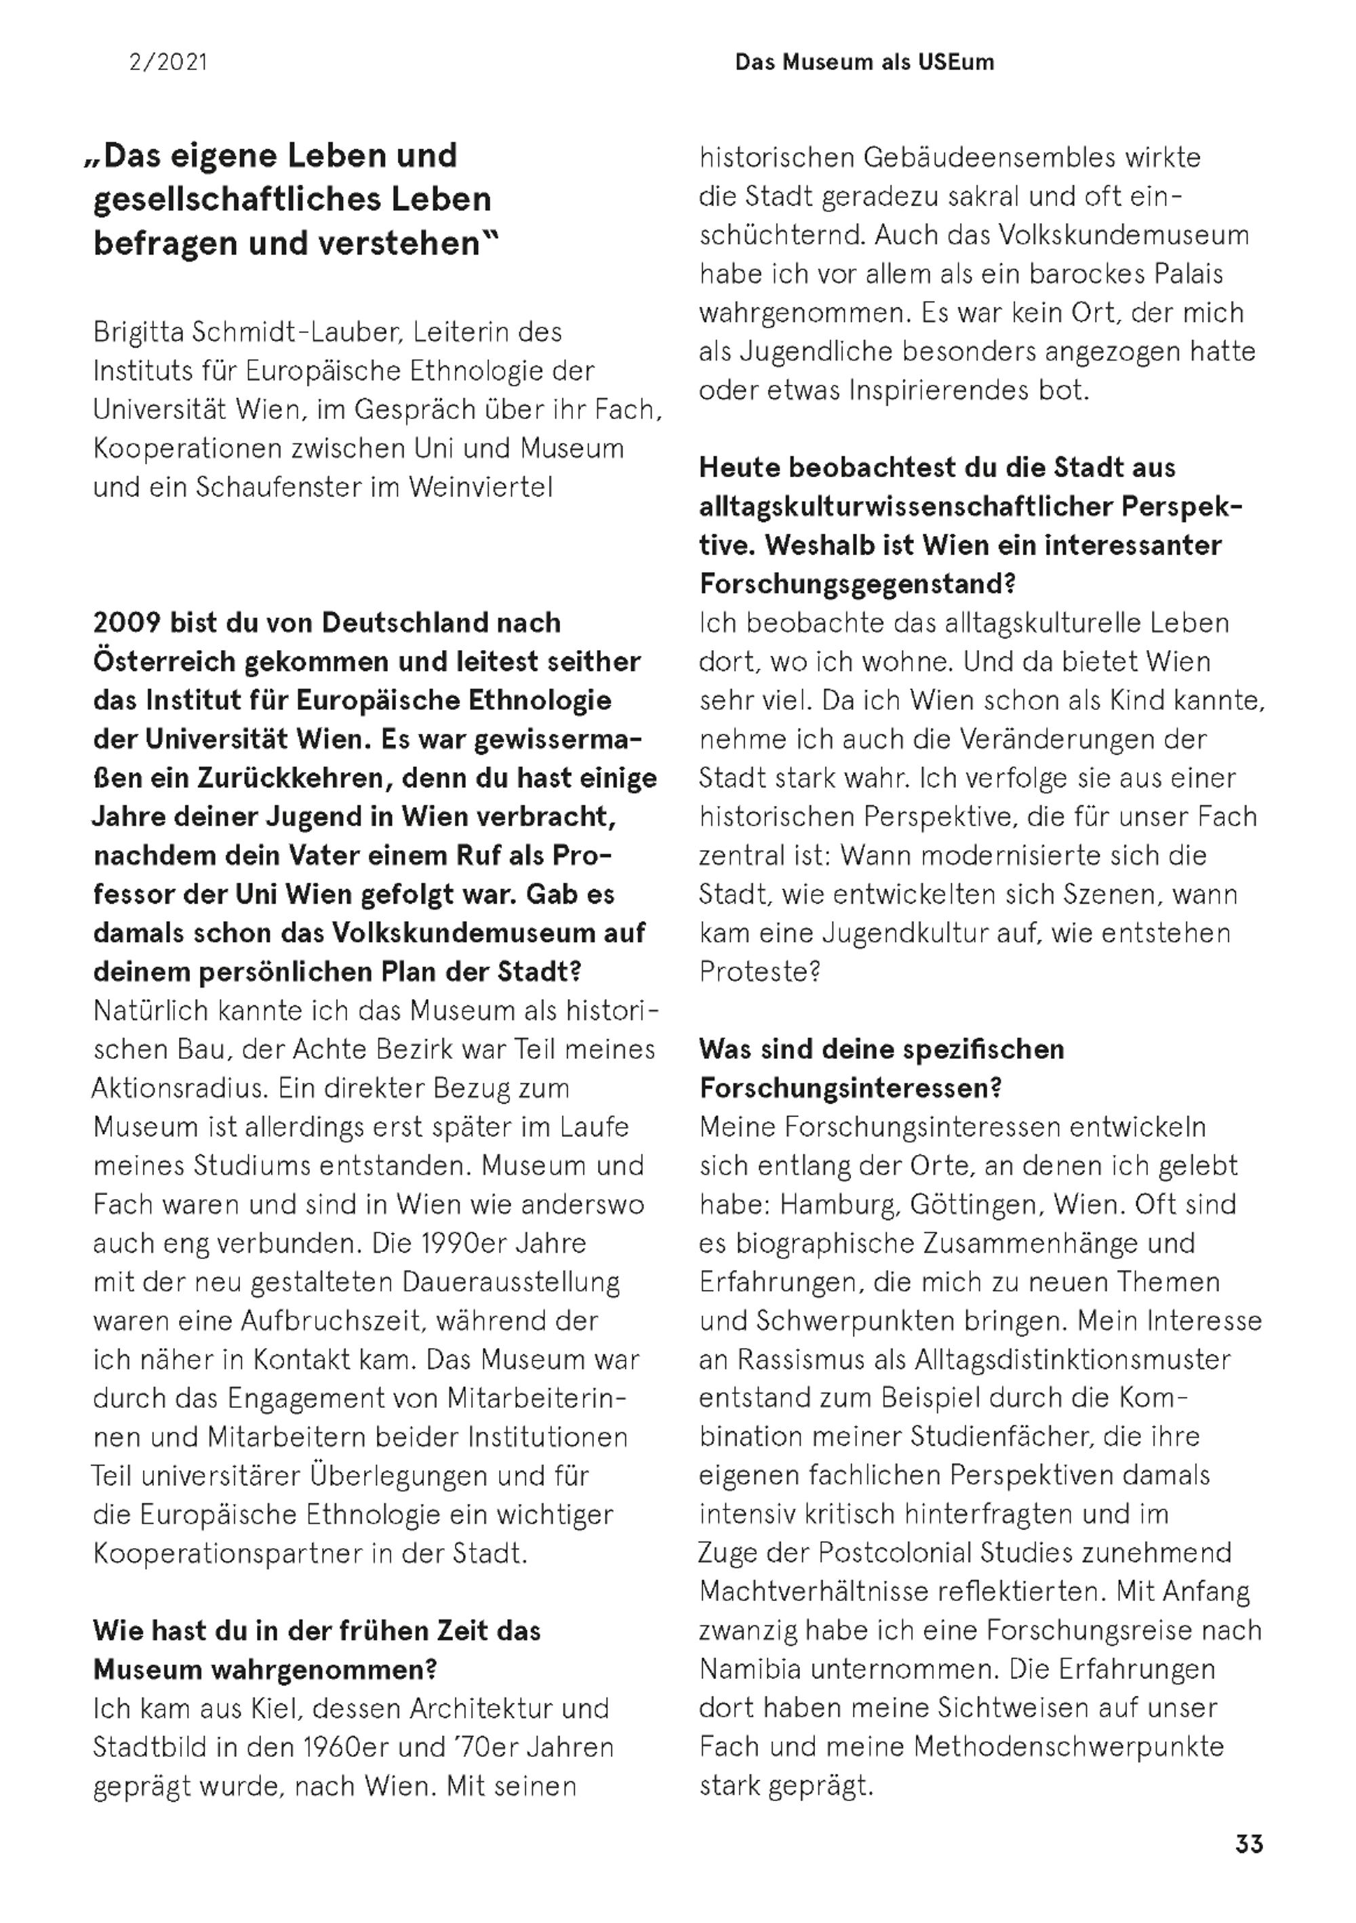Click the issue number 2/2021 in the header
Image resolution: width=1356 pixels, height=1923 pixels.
click(167, 62)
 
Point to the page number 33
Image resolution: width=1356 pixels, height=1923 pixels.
click(1249, 1844)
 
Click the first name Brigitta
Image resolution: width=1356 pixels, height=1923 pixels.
click(138, 333)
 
